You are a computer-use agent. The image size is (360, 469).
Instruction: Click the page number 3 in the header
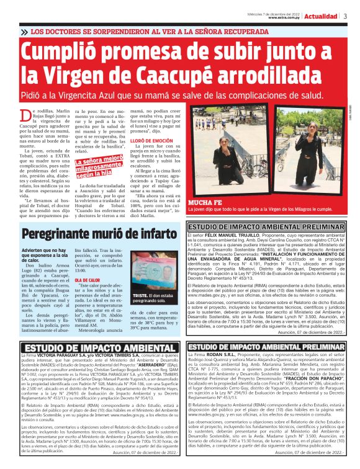[345, 16]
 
